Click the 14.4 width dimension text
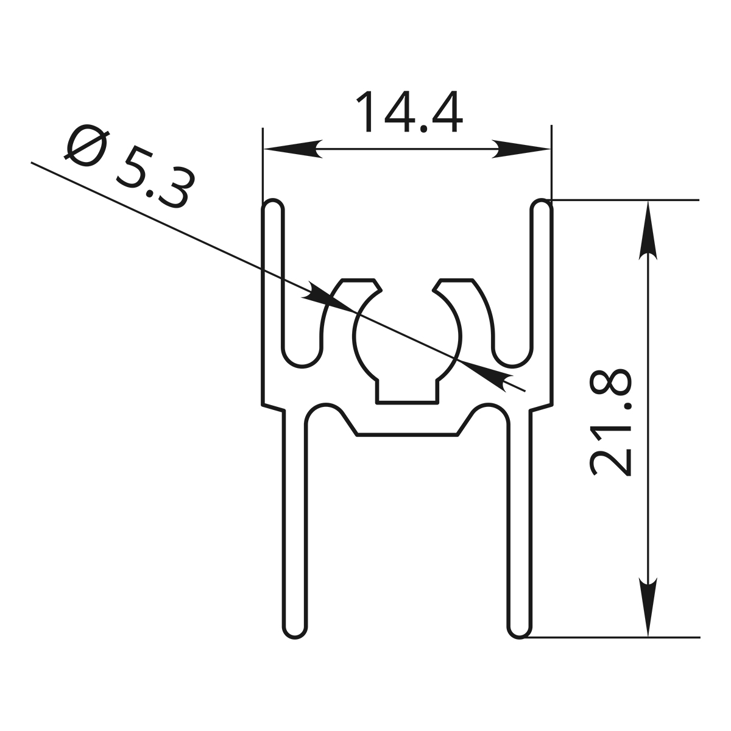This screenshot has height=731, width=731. click(x=409, y=111)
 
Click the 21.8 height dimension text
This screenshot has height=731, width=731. click(x=610, y=422)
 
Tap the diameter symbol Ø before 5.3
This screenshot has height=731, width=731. click(x=87, y=146)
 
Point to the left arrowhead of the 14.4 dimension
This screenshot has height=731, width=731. click(x=293, y=149)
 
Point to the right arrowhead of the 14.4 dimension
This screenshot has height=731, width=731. click(x=521, y=149)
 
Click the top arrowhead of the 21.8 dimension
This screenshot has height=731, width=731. click(x=648, y=231)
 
